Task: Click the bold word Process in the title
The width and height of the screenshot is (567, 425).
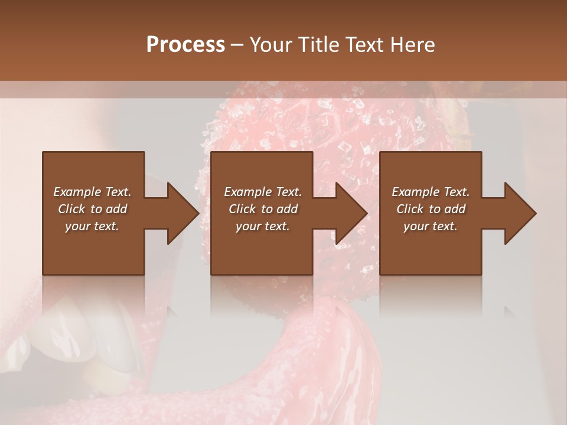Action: click(185, 45)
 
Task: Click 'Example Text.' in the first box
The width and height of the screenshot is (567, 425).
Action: click(92, 192)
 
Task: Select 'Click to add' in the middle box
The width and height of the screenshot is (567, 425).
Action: click(263, 209)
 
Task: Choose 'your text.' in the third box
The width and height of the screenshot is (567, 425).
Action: click(431, 226)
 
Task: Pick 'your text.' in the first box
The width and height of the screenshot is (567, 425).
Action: click(92, 226)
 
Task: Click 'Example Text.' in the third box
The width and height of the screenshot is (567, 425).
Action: click(431, 192)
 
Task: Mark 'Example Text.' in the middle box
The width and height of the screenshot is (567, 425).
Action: click(263, 192)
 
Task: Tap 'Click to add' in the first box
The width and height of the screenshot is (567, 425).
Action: click(92, 209)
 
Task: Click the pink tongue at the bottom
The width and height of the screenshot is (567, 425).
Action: click(331, 366)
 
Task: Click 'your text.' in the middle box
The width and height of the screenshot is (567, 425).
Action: click(263, 226)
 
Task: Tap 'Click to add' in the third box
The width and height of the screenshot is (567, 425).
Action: click(431, 209)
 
